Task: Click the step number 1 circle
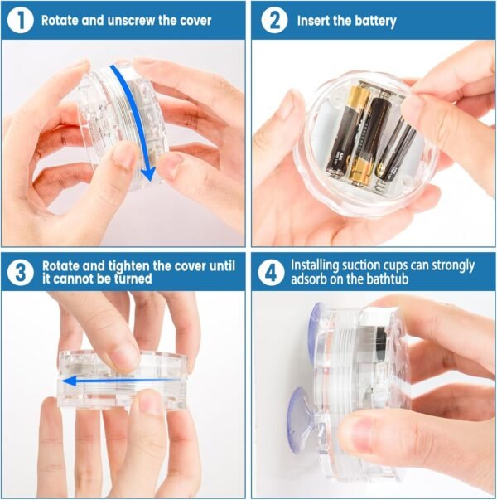click(20, 21)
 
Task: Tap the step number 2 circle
click(274, 21)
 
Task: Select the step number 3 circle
click(20, 273)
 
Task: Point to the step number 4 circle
click(271, 273)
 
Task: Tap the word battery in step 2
click(375, 22)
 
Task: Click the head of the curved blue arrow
click(147, 174)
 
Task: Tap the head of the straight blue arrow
click(69, 381)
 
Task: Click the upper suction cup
click(315, 333)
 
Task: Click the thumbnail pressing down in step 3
click(127, 357)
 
